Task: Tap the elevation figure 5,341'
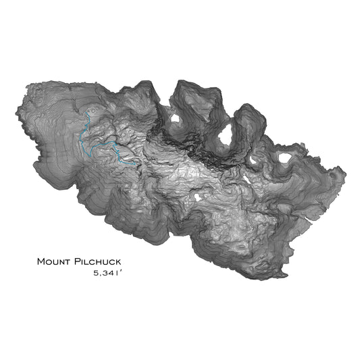110,274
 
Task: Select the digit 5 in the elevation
97,274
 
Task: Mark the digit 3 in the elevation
107,274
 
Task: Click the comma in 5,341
102,276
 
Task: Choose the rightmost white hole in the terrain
285,158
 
